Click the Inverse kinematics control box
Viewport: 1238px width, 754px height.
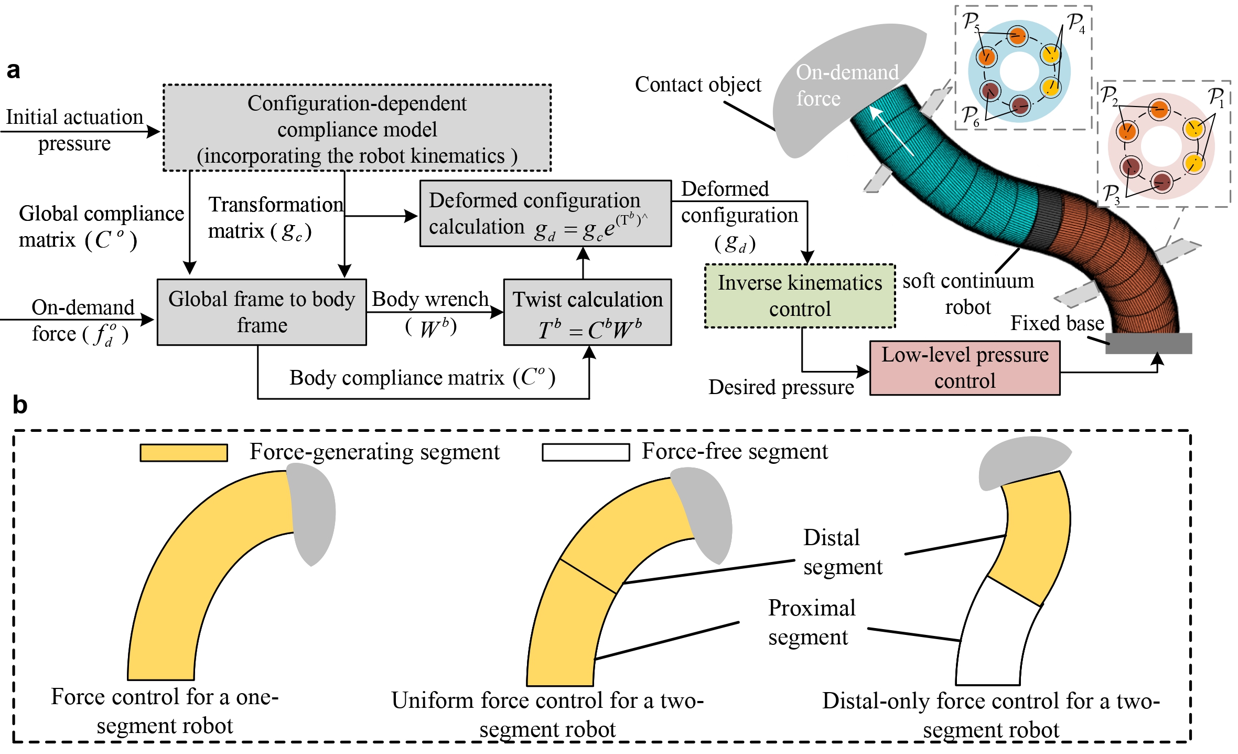(x=800, y=296)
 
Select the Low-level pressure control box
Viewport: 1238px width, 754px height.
(x=964, y=368)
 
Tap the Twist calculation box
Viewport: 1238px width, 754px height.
(x=587, y=312)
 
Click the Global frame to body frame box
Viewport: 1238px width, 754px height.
(x=262, y=312)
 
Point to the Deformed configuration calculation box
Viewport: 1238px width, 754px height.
(x=545, y=214)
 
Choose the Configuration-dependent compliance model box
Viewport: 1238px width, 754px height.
(x=357, y=128)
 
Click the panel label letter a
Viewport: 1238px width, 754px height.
(x=14, y=70)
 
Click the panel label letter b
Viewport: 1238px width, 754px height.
(x=19, y=406)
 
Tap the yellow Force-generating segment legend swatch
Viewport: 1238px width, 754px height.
(x=184, y=453)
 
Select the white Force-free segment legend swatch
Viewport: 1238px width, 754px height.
(x=586, y=452)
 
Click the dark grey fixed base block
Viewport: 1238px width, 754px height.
(x=1148, y=343)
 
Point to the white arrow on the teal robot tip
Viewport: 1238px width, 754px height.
(x=891, y=131)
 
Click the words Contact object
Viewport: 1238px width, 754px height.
(x=697, y=85)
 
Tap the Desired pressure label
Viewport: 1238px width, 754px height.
(x=781, y=388)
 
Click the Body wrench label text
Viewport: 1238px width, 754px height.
(x=430, y=299)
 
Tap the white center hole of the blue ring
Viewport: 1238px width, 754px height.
(x=1019, y=71)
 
